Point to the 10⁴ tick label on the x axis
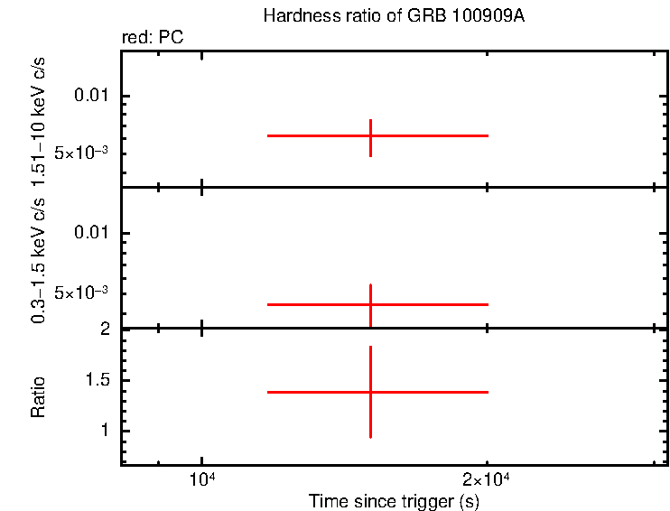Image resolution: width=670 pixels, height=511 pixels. (201, 478)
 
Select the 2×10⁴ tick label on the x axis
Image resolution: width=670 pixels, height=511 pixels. (487, 478)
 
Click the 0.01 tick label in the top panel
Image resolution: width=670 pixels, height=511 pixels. (90, 96)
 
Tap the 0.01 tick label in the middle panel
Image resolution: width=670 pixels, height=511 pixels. (90, 234)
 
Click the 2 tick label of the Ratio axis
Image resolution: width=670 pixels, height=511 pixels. (105, 329)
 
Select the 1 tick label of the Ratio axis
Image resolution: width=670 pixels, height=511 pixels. (105, 431)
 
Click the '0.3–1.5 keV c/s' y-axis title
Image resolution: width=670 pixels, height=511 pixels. (38, 262)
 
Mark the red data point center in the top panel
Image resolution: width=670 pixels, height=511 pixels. (370, 135)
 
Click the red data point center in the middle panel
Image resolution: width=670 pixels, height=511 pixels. (370, 304)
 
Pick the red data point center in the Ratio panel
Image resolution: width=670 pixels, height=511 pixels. (370, 392)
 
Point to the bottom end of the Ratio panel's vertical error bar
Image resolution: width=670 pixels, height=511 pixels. (370, 438)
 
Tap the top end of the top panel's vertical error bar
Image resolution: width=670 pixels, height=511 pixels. (370, 119)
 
